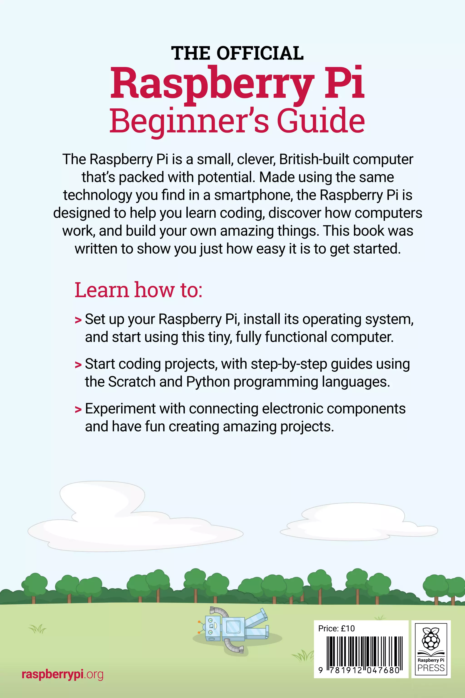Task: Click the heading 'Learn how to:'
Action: (x=138, y=290)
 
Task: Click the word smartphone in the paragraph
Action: (x=254, y=195)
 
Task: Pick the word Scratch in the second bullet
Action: (x=132, y=382)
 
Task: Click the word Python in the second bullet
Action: (x=208, y=382)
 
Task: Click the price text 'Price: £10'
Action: (x=336, y=628)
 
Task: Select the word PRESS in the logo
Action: (x=431, y=668)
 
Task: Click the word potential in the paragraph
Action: (x=226, y=177)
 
